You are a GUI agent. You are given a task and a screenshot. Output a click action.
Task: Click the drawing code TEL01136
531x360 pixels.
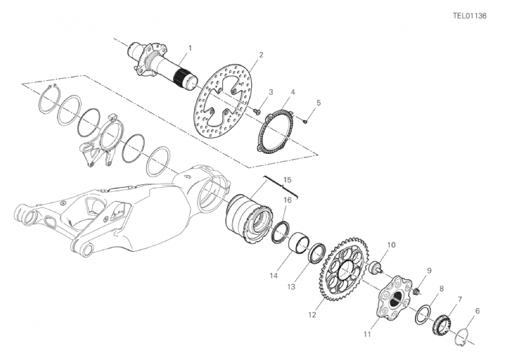470,15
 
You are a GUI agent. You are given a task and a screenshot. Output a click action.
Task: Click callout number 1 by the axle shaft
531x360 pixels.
190,48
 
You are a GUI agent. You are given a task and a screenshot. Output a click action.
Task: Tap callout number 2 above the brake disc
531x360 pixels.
261,55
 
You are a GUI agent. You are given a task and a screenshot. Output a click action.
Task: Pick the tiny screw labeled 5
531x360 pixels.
305,120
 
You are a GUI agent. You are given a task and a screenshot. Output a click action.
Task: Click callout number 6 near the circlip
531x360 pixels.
478,311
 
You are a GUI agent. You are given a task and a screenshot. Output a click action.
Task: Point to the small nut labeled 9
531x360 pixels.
417,290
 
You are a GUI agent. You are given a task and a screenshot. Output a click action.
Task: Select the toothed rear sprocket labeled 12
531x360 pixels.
344,269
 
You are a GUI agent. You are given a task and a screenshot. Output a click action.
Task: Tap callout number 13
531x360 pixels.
291,287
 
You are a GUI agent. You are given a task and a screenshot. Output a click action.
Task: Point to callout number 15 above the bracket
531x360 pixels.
287,180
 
